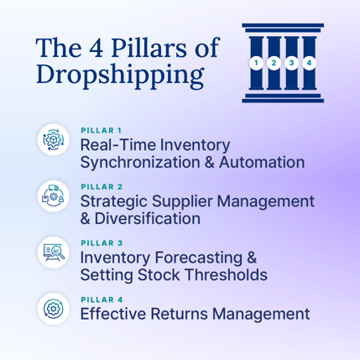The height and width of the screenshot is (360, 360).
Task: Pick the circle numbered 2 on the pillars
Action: pyautogui.click(x=274, y=62)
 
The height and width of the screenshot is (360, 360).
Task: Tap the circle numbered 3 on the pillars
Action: pyautogui.click(x=291, y=62)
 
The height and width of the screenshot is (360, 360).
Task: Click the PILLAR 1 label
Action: pyautogui.click(x=102, y=130)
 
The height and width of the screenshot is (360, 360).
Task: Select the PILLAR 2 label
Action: pyautogui.click(x=102, y=186)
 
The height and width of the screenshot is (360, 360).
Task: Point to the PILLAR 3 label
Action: pyautogui.click(x=102, y=243)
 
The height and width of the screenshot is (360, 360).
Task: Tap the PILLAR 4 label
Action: pyautogui.click(x=102, y=298)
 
